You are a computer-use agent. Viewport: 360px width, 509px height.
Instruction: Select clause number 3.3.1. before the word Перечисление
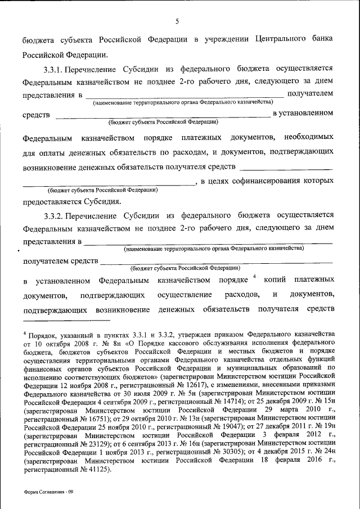pos(55,69)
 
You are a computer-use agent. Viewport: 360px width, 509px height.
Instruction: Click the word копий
pos(274,280)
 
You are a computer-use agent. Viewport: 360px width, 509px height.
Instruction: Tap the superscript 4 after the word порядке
pos(255,276)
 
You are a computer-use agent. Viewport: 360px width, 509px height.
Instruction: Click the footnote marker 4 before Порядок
pos(25,332)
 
